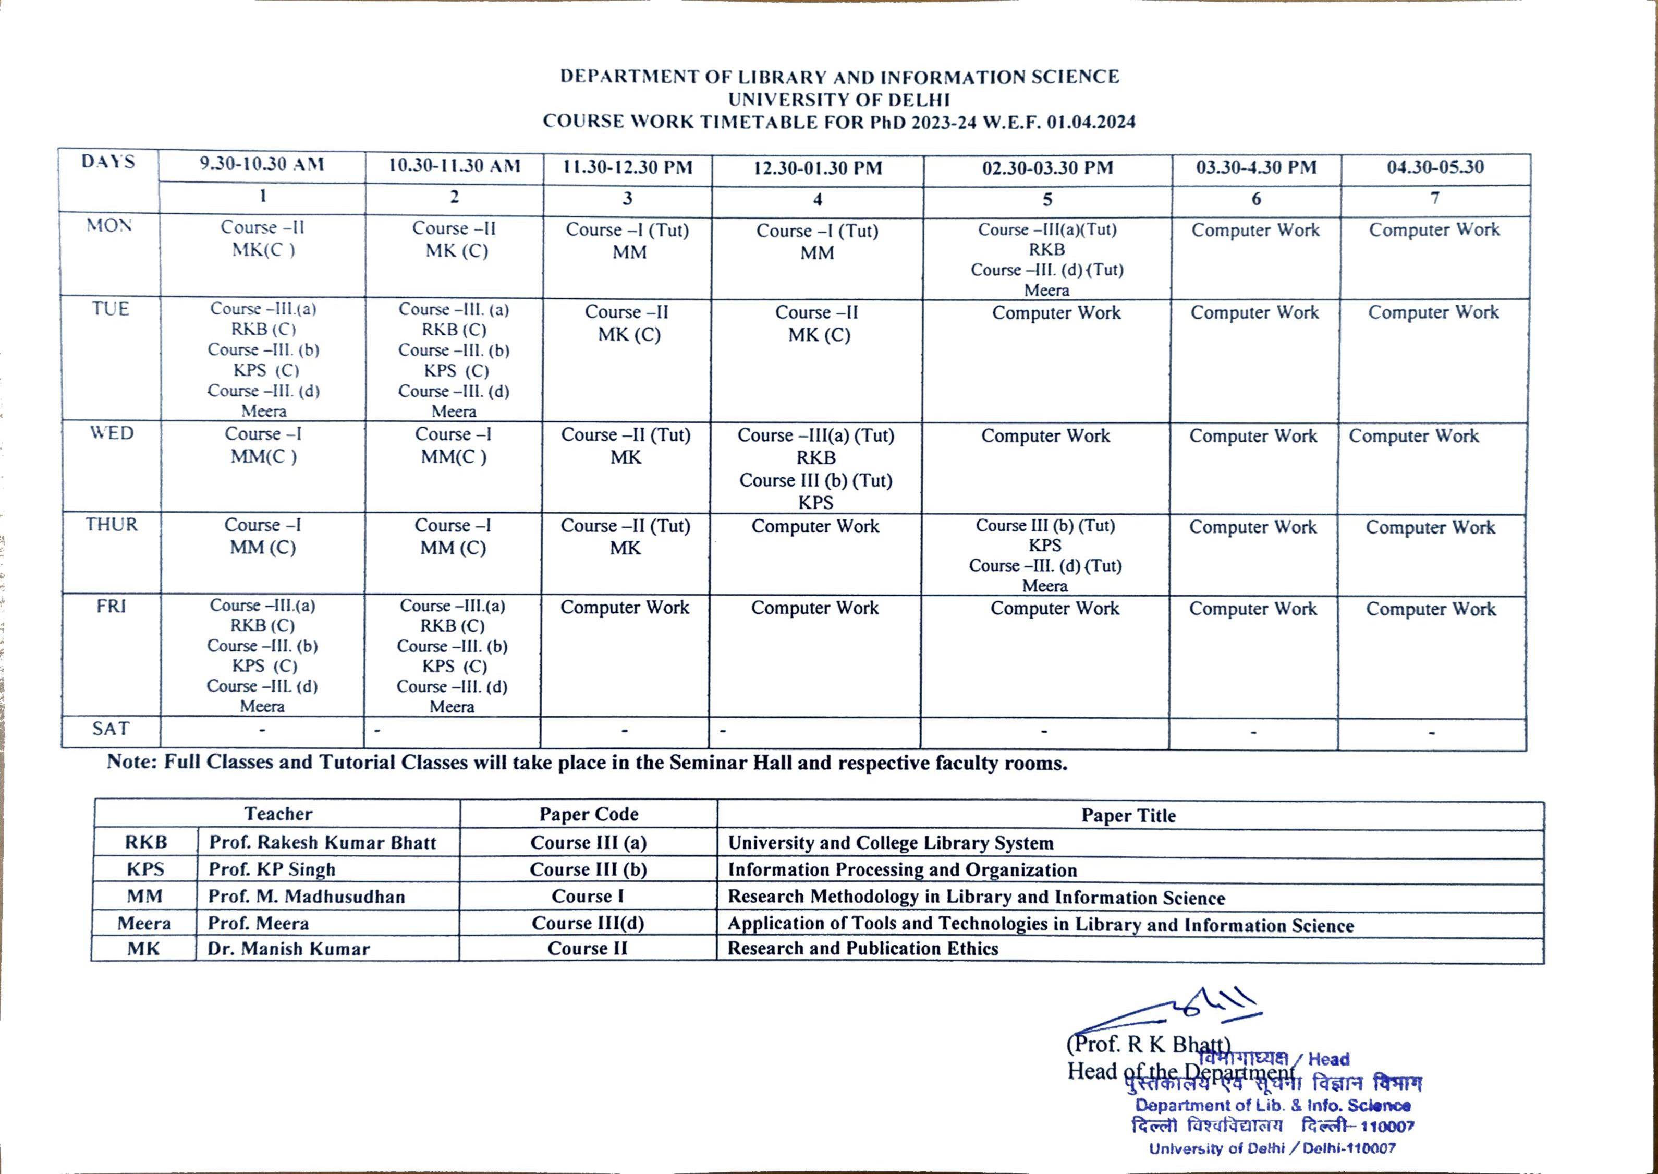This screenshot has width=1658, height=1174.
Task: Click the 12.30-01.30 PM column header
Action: [818, 168]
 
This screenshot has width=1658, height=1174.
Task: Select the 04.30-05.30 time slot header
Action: [1435, 167]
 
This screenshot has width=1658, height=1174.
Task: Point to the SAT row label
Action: [111, 729]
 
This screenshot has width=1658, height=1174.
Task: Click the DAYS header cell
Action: [108, 161]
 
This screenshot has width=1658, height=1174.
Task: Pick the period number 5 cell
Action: [1047, 200]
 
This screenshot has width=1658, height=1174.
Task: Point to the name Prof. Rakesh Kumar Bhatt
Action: [322, 843]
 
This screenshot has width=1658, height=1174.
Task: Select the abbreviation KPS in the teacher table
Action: [145, 869]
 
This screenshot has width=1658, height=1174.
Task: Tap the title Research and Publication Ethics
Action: [862, 949]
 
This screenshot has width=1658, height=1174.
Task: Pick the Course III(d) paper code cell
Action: [588, 923]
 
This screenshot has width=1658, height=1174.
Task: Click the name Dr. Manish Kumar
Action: [288, 949]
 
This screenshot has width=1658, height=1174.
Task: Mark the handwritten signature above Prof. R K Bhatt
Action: [1185, 1009]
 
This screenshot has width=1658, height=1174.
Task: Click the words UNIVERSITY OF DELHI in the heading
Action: [838, 100]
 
